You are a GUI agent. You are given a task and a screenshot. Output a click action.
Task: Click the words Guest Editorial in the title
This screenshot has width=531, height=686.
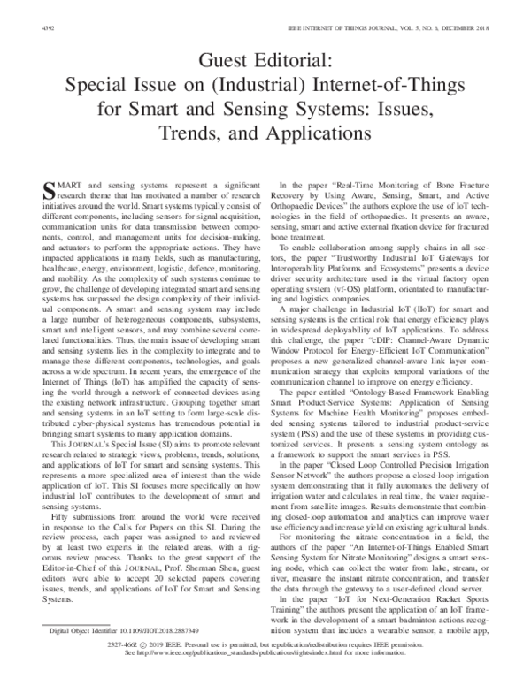point(265,62)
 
